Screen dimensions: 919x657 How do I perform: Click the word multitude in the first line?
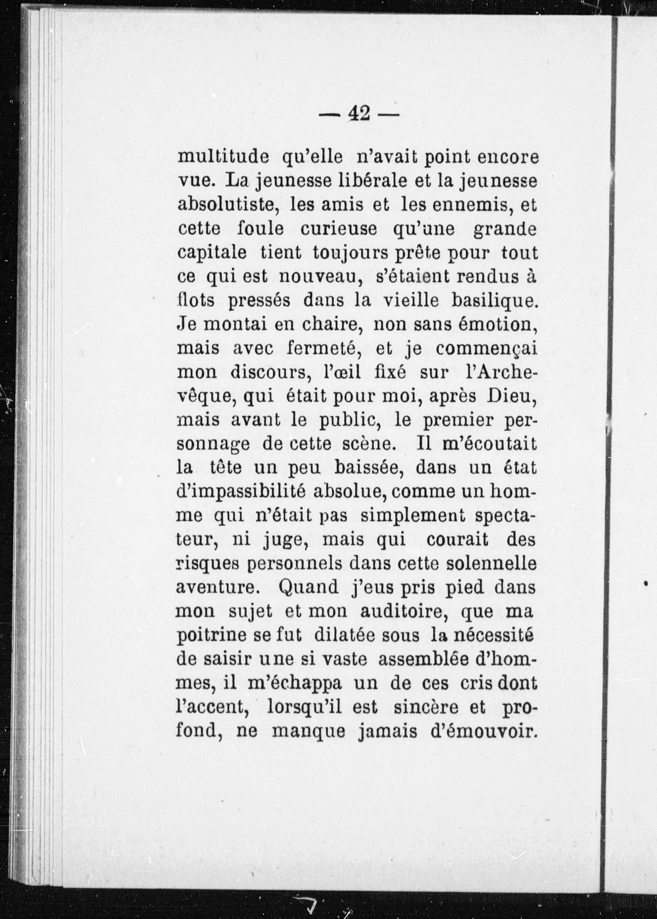click(224, 157)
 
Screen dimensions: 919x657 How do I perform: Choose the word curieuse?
click(339, 229)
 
